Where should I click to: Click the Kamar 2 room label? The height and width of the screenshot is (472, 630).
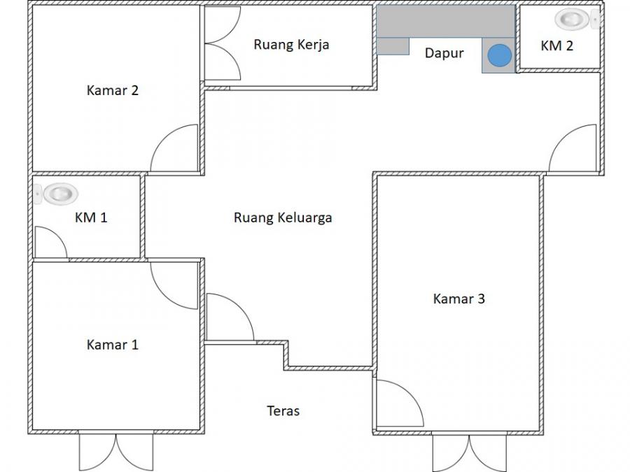tap(113, 90)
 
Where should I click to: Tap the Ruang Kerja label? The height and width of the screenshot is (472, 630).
tap(291, 45)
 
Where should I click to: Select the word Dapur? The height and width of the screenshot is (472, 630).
tap(444, 53)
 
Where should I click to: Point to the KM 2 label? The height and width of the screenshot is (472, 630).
tap(557, 45)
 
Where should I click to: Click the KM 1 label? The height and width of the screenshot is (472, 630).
tap(91, 217)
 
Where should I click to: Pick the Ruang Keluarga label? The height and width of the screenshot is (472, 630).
tap(283, 218)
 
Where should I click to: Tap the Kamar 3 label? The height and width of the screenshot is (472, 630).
tap(458, 299)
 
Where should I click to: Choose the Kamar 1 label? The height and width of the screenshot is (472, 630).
tap(113, 344)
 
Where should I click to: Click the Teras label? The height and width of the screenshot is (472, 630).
tap(283, 410)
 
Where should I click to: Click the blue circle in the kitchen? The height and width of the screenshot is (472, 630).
tap(500, 55)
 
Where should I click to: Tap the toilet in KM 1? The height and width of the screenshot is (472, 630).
tap(56, 194)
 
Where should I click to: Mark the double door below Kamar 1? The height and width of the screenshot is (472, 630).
tap(116, 452)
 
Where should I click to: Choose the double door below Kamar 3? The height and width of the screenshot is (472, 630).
tap(469, 452)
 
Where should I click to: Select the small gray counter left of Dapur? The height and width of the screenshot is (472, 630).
tap(393, 46)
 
